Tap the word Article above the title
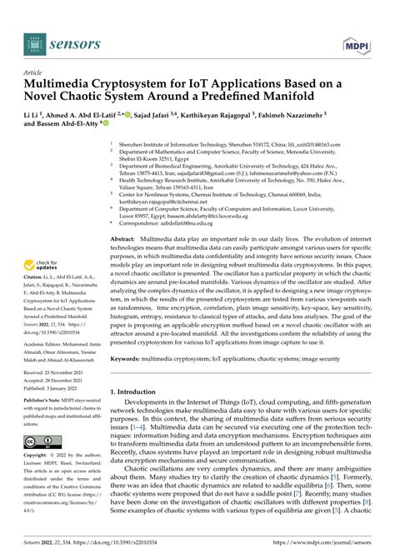[37, 73]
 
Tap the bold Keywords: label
[128, 359]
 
